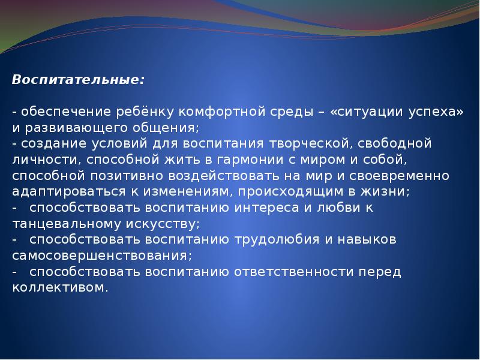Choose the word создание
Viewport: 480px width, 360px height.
[49, 144]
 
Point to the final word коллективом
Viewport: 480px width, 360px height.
[59, 287]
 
